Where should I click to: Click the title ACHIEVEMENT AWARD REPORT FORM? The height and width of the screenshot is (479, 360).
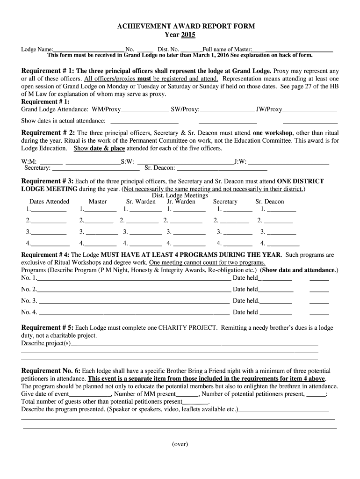180,26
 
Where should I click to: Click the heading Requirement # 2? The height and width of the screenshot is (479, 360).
49,132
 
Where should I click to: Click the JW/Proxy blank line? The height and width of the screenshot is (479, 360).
310,110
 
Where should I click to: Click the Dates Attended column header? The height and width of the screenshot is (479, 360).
49,202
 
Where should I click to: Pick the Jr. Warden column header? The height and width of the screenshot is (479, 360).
181,202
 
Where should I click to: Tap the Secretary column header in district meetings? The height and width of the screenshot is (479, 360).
225,202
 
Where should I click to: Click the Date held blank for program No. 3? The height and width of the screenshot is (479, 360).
276,301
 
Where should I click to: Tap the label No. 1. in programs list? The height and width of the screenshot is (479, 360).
29,278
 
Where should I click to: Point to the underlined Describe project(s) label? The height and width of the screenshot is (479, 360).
46,343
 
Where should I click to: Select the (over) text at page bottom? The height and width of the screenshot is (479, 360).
180,444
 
